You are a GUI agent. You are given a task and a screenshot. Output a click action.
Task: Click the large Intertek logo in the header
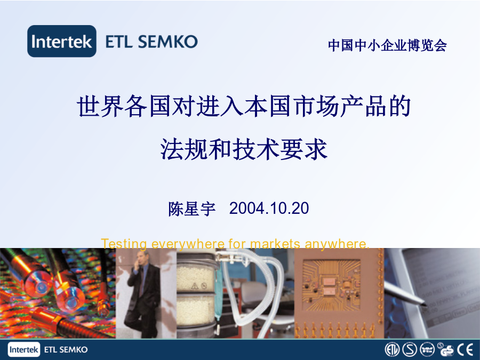tap(62, 41)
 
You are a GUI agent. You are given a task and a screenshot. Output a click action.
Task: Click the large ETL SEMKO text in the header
tap(151, 42)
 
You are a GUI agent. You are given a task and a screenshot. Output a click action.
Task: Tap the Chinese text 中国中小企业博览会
tap(387, 45)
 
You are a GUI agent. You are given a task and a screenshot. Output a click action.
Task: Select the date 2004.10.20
tap(269, 208)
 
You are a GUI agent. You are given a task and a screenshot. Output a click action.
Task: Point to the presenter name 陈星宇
tap(192, 209)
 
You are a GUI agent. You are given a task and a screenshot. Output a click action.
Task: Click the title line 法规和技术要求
tap(244, 149)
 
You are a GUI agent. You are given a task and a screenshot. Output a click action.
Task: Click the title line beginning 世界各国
tap(244, 106)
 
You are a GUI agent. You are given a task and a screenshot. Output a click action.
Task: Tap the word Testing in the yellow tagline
tap(124, 244)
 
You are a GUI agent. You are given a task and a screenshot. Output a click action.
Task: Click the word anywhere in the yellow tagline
tap(337, 244)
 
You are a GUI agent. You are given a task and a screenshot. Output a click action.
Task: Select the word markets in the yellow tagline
tap(275, 244)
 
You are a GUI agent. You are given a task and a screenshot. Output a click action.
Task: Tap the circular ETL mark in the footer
tap(392, 349)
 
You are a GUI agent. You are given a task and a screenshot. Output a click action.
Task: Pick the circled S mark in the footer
tap(410, 349)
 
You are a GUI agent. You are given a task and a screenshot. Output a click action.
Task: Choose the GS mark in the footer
tap(445, 349)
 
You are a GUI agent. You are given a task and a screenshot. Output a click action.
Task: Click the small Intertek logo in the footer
tap(24, 349)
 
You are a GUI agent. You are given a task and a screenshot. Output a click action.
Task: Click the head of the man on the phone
tap(141, 259)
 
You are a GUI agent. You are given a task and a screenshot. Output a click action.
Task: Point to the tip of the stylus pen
tap(425, 305)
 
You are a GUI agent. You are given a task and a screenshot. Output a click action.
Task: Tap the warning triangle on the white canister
tap(195, 286)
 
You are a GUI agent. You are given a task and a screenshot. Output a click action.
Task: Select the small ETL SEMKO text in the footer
tap(66, 349)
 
